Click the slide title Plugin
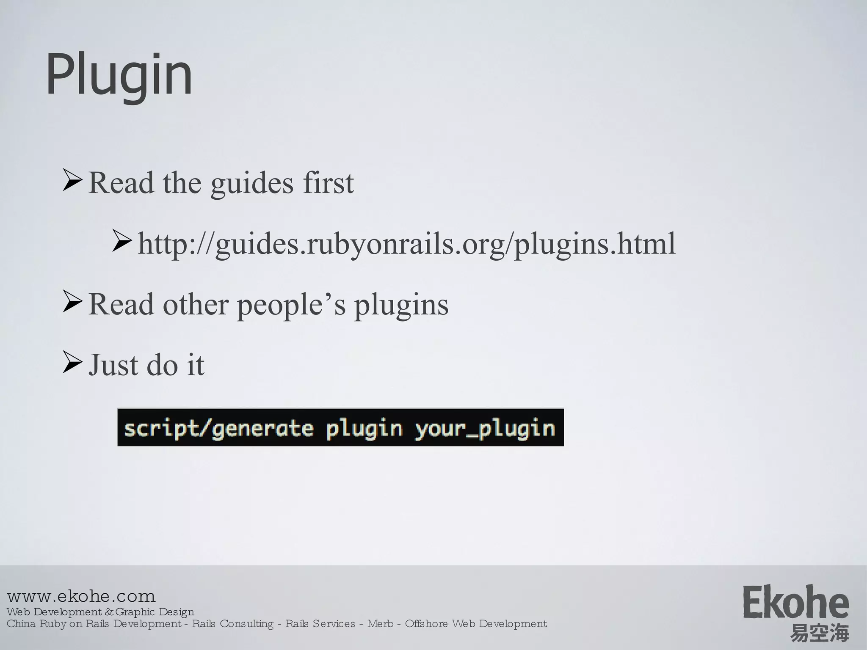119,75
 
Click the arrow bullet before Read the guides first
72,180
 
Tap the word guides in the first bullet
252,184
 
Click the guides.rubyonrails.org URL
406,244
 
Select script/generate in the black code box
218,428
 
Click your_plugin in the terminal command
485,428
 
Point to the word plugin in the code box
364,429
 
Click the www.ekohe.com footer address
81,596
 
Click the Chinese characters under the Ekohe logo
819,633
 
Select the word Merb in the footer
380,624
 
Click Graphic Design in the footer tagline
155,612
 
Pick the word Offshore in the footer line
426,624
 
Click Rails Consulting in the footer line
233,624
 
